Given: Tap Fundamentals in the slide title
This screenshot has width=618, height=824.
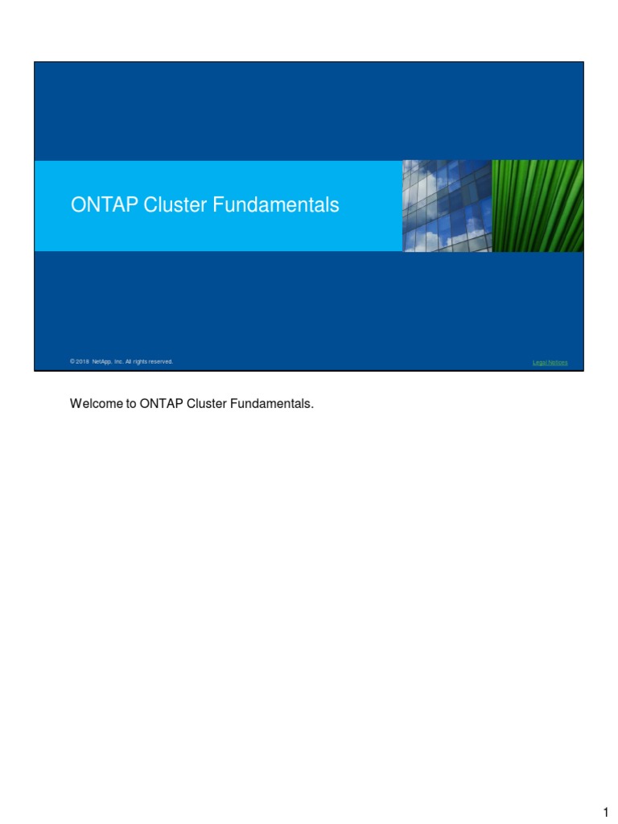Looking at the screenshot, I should [x=275, y=205].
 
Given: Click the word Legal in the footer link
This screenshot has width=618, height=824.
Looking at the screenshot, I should [x=540, y=363].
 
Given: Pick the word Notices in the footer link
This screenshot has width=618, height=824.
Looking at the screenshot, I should [x=558, y=363].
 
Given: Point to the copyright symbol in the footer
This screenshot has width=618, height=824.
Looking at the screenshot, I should [x=72, y=362].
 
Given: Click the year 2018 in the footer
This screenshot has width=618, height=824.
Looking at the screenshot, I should [x=83, y=362].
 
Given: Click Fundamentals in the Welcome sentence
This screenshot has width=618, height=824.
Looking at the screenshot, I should [x=270, y=404].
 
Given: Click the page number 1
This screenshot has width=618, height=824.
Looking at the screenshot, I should [x=605, y=813].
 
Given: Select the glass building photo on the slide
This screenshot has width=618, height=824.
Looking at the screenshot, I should [x=446, y=205].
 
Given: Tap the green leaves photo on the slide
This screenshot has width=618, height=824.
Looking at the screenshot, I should [x=538, y=205].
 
